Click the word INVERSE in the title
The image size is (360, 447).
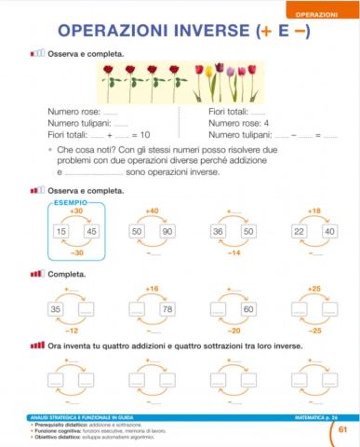[x=199, y=34]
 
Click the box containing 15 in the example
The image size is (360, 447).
[x=61, y=231]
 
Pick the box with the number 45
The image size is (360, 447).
[x=90, y=231]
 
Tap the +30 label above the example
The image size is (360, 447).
[x=75, y=211]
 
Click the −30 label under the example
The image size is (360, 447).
[x=75, y=252]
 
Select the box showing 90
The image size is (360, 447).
[x=167, y=231]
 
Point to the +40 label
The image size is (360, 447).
[x=152, y=211]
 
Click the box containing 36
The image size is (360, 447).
[x=219, y=231]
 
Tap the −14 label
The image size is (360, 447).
[x=233, y=252]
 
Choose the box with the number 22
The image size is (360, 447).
[x=300, y=231]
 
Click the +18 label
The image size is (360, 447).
[x=314, y=211]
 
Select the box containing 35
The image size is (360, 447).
[x=56, y=309]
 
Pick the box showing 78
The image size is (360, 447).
[x=167, y=309]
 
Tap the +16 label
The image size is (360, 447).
[x=152, y=289]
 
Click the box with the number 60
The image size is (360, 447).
[x=248, y=309]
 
